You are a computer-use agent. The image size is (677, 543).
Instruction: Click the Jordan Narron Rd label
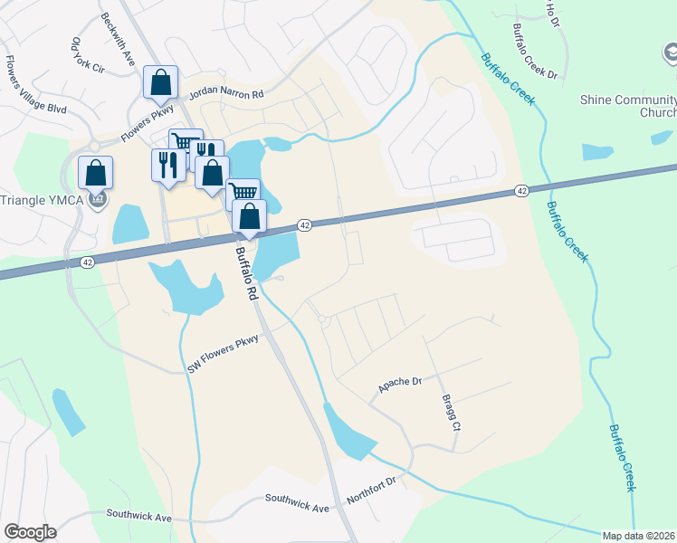pyautogui.click(x=226, y=94)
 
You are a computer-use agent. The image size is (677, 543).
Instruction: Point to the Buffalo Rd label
pyautogui.click(x=247, y=275)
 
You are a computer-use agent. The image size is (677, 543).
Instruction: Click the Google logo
pyautogui.click(x=30, y=532)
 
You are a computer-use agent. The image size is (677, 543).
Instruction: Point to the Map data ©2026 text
pyautogui.click(x=638, y=536)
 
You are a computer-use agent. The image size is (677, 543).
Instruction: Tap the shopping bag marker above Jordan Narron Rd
pyautogui.click(x=160, y=83)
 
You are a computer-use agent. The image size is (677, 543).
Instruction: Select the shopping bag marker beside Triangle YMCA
pyautogui.click(x=95, y=172)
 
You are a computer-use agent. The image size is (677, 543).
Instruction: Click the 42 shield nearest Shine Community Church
pyautogui.click(x=521, y=191)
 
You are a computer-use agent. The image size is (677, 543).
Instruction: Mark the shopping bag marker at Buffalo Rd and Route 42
pyautogui.click(x=250, y=216)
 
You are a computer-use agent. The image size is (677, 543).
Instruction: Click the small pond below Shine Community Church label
pyautogui.click(x=596, y=151)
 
